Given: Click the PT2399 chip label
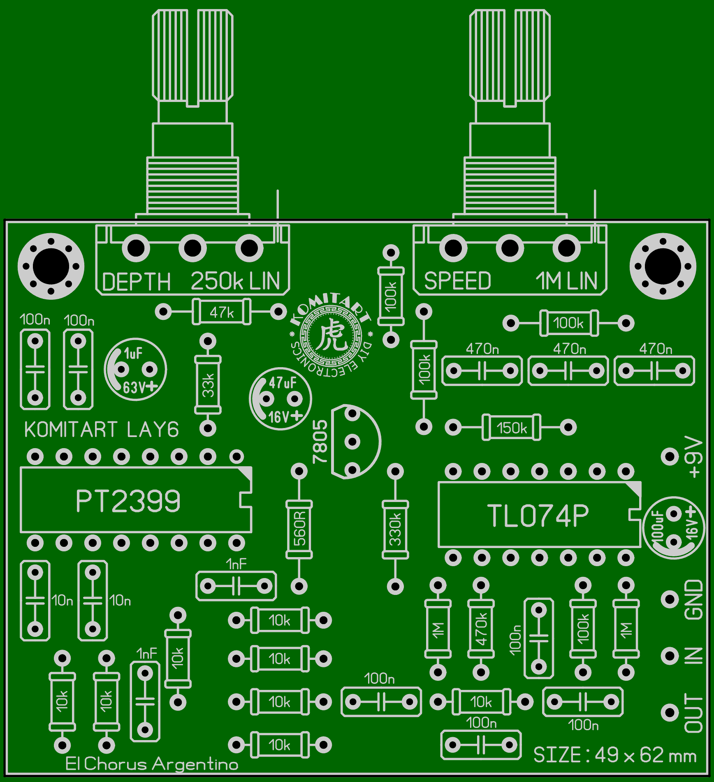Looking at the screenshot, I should pyautogui.click(x=128, y=501).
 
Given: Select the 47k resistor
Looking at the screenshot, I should pyautogui.click(x=221, y=312).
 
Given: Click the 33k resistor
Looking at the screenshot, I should pyautogui.click(x=208, y=385).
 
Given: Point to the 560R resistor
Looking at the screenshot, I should pyautogui.click(x=299, y=529).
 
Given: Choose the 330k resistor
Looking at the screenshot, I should pyautogui.click(x=395, y=529).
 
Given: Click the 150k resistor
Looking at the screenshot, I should pyautogui.click(x=511, y=428).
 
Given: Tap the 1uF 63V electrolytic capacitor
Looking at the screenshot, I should pyautogui.click(x=135, y=370).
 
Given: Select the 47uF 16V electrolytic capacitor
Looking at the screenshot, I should pyautogui.click(x=280, y=399).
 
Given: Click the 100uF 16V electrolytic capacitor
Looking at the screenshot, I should pyautogui.click(x=673, y=528).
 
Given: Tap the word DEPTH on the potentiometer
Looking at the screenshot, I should pyautogui.click(x=136, y=282).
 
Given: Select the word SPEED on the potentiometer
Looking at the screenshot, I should pyautogui.click(x=457, y=281).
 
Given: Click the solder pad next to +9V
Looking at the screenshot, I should pyautogui.click(x=670, y=456).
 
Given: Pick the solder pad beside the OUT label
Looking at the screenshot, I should pyautogui.click(x=670, y=713).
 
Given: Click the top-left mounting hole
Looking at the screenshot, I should pyautogui.click(x=51, y=266).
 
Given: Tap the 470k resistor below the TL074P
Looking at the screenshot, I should pyautogui.click(x=481, y=629).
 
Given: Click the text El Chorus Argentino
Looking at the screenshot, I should pyautogui.click(x=152, y=764).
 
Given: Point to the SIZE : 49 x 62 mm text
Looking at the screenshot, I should pyautogui.click(x=614, y=755).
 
